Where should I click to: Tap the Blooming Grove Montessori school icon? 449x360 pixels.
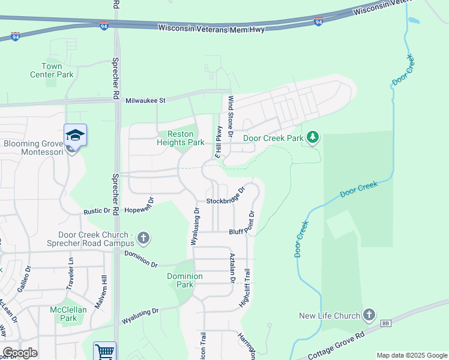(76, 135)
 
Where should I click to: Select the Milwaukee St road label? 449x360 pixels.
(145, 100)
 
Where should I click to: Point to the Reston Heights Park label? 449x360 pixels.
(181, 138)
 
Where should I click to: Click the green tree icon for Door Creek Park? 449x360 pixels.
(312, 138)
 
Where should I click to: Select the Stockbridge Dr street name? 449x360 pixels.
(226, 197)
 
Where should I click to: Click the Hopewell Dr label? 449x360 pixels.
(139, 210)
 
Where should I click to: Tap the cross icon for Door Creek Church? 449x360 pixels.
(143, 238)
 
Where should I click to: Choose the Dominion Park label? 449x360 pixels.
(185, 280)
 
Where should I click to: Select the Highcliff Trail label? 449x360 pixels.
(245, 288)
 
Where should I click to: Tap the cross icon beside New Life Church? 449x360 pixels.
(369, 314)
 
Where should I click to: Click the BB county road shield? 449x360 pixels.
(385, 323)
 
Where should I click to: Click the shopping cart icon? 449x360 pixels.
(104, 351)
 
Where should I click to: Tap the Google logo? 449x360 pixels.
(20, 353)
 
